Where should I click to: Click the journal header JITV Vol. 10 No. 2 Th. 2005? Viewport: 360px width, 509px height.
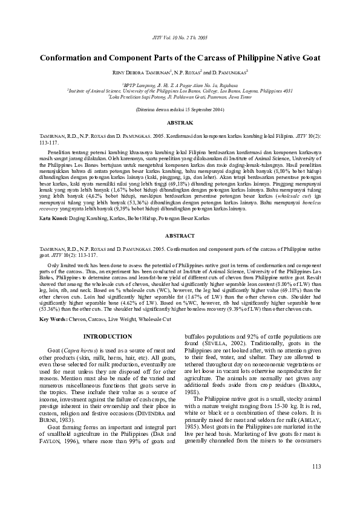tap(180, 37)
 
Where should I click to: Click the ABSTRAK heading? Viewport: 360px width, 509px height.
tap(180, 122)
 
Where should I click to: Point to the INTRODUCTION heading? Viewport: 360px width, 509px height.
tap(106, 336)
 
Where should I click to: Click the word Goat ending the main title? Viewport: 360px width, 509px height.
tap(307, 59)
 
